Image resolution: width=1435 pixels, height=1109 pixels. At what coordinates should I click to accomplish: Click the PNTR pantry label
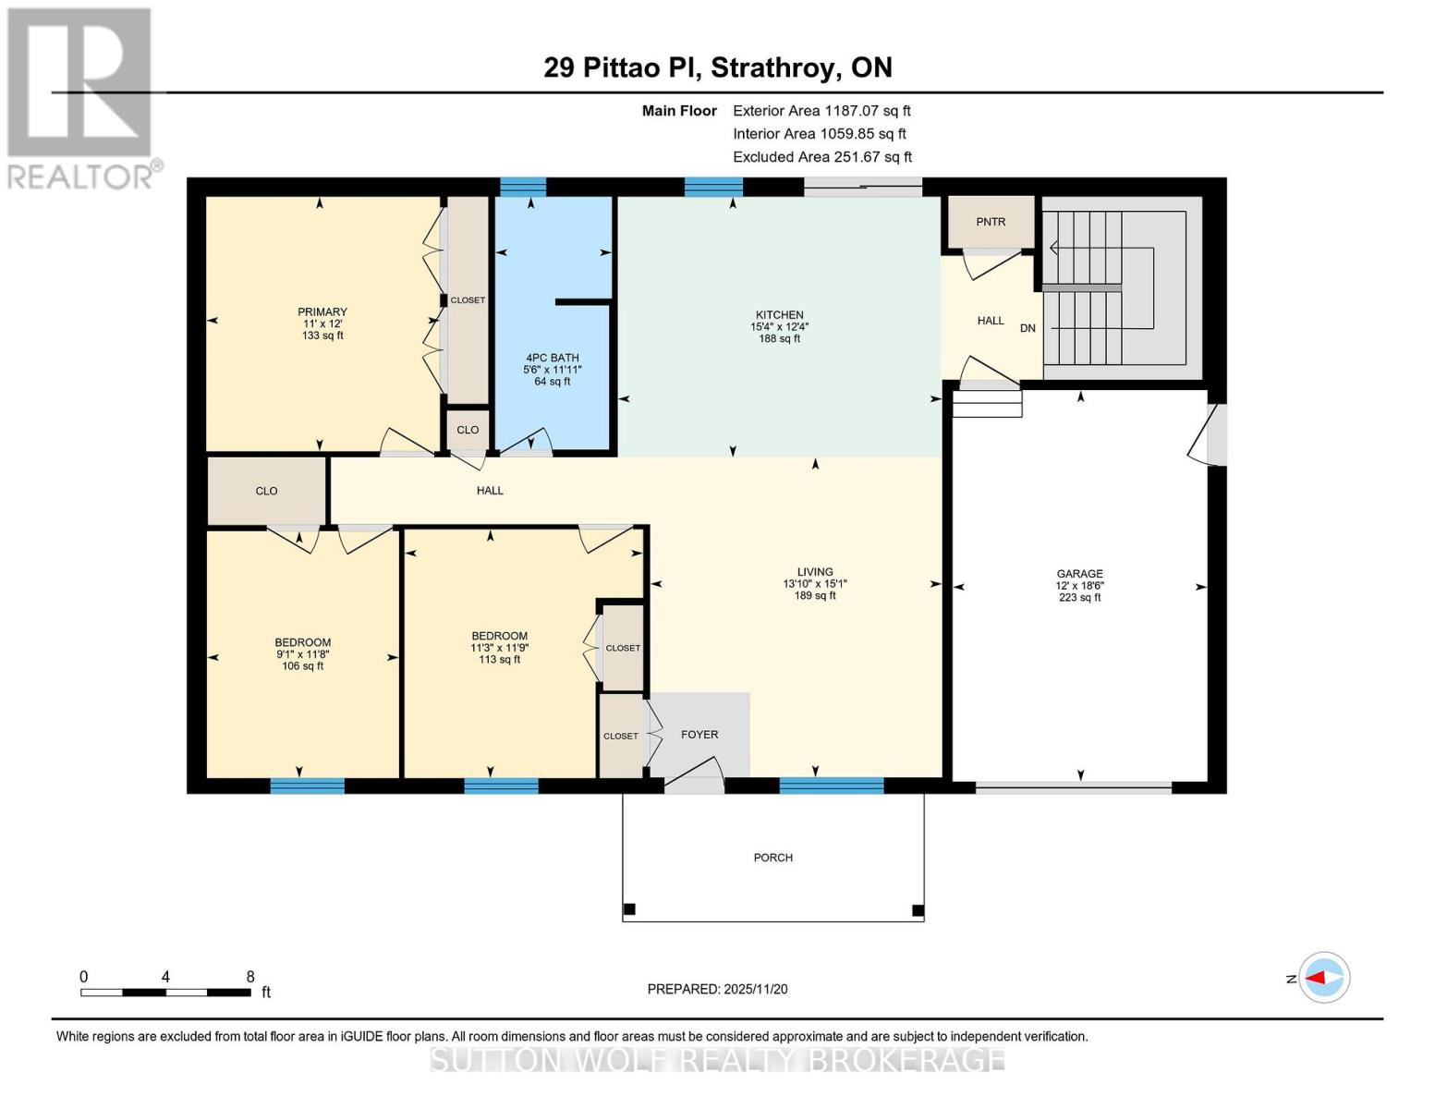pos(991,222)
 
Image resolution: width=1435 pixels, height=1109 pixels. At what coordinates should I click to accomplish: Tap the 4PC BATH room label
pos(553,358)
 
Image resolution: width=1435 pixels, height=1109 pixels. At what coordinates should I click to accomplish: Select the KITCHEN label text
pos(779,315)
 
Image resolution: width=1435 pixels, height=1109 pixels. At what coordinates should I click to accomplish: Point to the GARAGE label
pos(1079,574)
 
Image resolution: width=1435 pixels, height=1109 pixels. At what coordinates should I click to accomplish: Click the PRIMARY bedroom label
pos(322,312)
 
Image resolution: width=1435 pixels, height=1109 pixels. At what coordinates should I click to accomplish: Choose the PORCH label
pos(772,858)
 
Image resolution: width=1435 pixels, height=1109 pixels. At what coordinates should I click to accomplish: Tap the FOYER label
pos(699,735)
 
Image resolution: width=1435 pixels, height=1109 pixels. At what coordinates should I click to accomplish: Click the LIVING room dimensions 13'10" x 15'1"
pos(814,584)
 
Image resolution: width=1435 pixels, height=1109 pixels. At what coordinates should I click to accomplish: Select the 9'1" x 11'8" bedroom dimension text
pos(302,654)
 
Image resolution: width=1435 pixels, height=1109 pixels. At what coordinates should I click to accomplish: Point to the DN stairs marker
pos(1028,328)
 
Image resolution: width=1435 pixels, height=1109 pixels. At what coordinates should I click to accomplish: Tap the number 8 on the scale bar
pos(250,977)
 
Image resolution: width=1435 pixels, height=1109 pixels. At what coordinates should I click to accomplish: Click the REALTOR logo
pos(80,97)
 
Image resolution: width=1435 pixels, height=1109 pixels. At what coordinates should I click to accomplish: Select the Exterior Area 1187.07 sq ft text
pos(821,111)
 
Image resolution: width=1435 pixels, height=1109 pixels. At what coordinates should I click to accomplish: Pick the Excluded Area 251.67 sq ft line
pos(821,157)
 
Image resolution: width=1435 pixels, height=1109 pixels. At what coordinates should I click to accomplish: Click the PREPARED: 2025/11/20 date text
pos(717,989)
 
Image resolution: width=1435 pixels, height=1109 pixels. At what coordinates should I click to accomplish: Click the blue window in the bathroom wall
pos(523,188)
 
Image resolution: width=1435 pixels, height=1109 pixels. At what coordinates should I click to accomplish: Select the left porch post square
pos(629,909)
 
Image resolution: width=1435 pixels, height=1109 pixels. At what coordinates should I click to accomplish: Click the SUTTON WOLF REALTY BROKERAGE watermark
pos(717,1059)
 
